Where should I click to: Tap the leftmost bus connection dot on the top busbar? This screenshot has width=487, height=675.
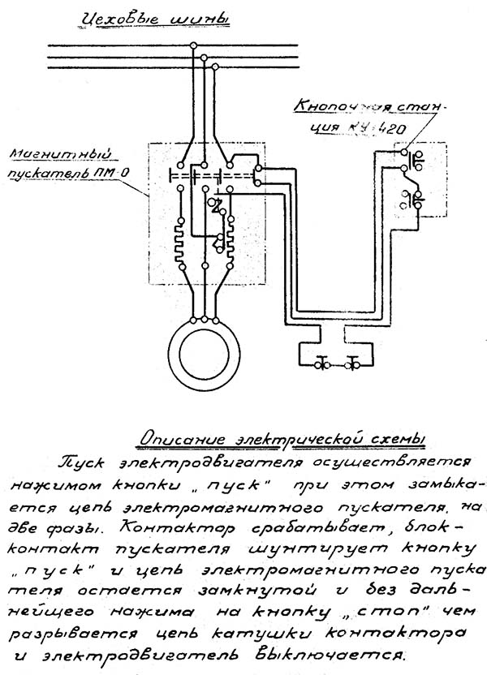[x=194, y=48]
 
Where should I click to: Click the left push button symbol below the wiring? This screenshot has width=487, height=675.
[x=320, y=364]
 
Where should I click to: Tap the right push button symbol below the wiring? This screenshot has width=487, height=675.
[x=353, y=364]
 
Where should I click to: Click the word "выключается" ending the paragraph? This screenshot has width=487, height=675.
[x=343, y=651]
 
